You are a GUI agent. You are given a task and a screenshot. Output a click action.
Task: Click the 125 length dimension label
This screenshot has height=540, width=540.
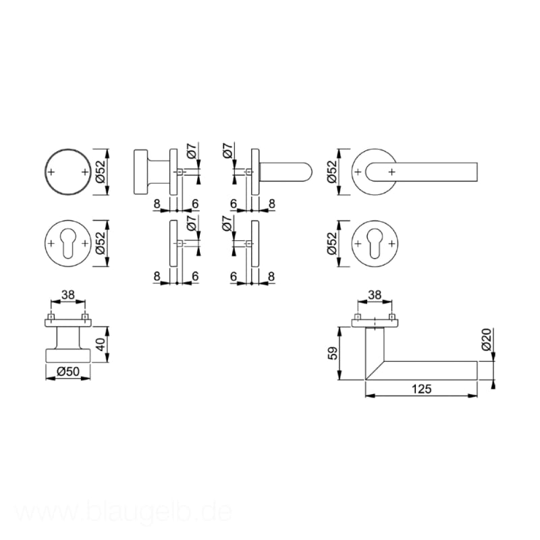click(421, 389)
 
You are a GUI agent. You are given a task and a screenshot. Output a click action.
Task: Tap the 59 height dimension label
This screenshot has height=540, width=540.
click(333, 353)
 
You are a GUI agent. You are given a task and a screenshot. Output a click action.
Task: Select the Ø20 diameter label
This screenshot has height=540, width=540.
click(487, 340)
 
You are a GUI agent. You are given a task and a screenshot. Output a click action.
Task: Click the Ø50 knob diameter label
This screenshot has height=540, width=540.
click(68, 372)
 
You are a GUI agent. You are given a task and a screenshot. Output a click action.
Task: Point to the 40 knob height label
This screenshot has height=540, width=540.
click(101, 344)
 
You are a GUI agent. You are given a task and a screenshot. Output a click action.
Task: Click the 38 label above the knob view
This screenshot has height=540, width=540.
click(68, 295)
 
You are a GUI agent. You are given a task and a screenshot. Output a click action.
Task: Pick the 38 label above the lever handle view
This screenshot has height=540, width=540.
click(375, 295)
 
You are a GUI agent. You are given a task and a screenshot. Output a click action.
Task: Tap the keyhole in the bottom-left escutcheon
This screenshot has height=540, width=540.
click(68, 244)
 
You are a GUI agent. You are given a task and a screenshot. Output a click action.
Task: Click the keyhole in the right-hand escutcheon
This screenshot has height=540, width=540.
click(375, 244)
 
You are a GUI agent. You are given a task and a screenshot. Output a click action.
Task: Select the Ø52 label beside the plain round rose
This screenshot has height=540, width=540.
click(100, 172)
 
